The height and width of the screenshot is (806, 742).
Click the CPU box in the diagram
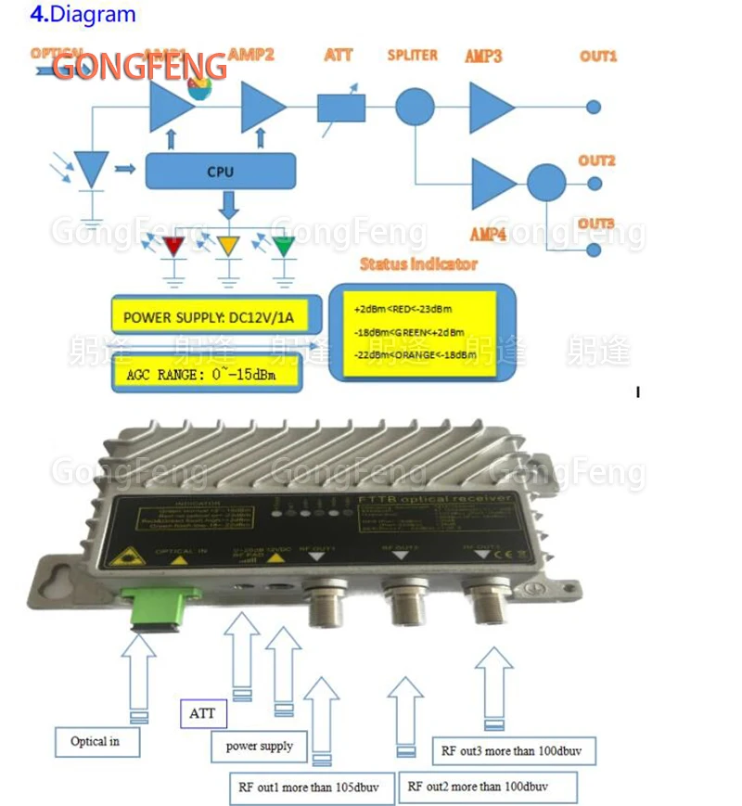click(220, 171)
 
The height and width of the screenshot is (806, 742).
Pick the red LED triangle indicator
click(173, 248)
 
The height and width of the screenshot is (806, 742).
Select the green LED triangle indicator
click(284, 248)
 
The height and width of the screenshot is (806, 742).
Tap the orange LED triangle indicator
click(228, 248)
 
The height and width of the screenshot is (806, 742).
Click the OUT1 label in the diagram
click(598, 57)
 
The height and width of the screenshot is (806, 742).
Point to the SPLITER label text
click(413, 55)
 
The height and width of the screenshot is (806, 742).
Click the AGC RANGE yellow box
click(210, 376)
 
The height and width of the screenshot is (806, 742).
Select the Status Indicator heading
click(418, 264)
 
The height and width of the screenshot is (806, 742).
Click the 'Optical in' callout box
click(95, 741)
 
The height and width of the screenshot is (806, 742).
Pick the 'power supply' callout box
click(260, 746)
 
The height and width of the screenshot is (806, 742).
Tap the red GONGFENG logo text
click(139, 67)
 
